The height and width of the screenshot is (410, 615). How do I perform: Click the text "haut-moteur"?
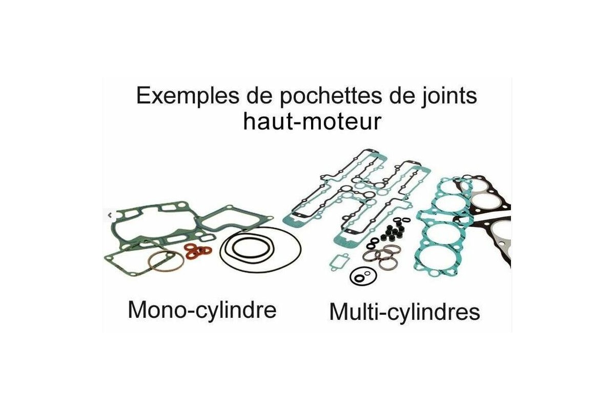(312, 122)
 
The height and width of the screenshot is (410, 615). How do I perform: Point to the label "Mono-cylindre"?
(202, 310)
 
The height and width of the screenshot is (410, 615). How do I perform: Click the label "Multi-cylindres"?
(404, 312)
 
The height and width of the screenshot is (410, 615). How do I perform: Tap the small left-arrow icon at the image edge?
(109, 216)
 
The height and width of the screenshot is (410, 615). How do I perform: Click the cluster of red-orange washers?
(198, 251)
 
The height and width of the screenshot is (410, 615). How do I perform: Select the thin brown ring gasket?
(166, 262)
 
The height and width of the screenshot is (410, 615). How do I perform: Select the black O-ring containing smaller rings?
(360, 277)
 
